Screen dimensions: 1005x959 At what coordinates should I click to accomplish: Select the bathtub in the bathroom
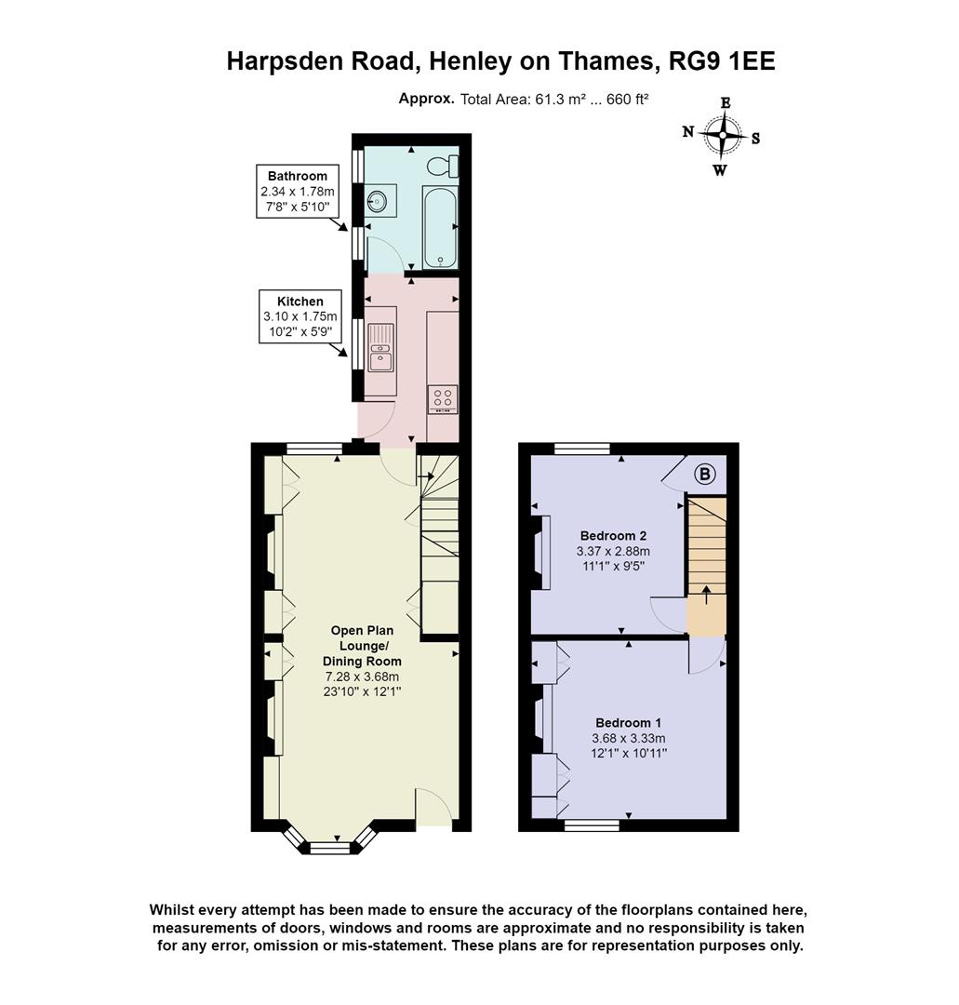[438, 226]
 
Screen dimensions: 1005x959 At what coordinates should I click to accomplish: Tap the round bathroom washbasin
[377, 202]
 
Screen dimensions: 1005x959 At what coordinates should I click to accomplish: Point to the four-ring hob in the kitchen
[442, 399]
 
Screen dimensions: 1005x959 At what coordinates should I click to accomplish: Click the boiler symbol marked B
[705, 476]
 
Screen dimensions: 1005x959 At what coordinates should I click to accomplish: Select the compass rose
[722, 136]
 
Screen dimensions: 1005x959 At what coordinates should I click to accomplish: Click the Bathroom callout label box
[297, 192]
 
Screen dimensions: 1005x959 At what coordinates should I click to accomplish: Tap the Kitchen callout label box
[300, 317]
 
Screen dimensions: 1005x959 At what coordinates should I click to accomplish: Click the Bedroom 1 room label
[628, 723]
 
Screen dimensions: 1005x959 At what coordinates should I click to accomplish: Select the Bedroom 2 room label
[613, 536]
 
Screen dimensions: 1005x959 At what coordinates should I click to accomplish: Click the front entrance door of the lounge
[433, 807]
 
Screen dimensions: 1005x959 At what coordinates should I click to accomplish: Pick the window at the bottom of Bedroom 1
[592, 824]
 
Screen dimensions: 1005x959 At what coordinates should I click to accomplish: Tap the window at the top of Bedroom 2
[581, 449]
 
